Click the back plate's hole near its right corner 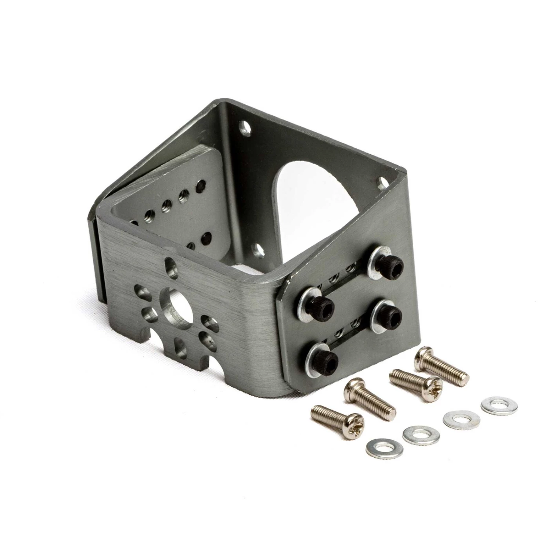[382, 181]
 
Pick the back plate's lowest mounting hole [260, 250]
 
